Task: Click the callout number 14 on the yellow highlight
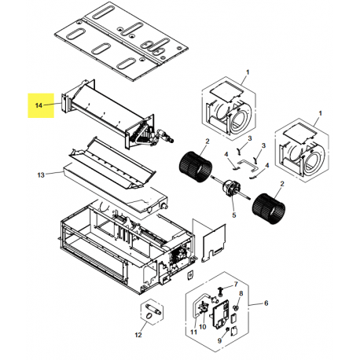coord(39,105)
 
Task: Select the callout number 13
coord(41,174)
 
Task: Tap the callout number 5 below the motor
coord(234,215)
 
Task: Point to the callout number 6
coord(266,303)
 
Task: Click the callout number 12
coord(138,335)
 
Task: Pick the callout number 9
coord(219,340)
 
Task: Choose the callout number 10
coord(203,327)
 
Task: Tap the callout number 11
coord(193,332)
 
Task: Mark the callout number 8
coord(241,293)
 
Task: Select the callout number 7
coord(236,284)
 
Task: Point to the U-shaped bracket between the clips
coord(248,166)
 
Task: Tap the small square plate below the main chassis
coord(189,274)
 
